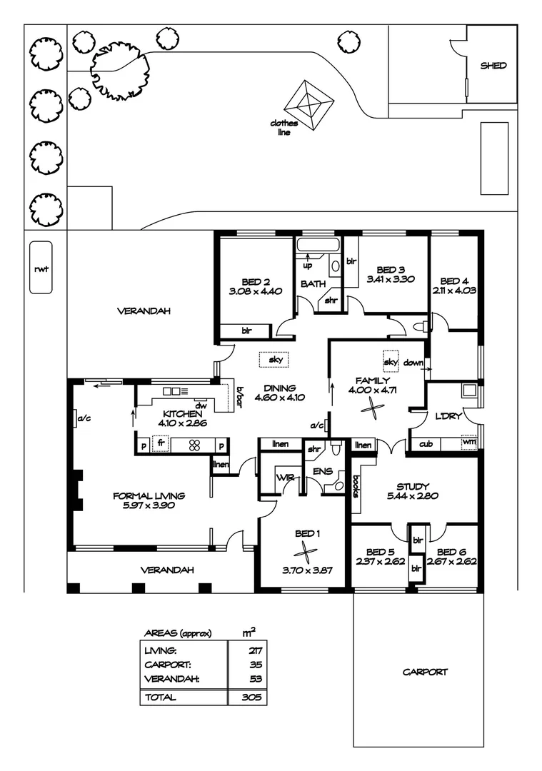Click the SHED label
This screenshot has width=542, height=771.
point(493,66)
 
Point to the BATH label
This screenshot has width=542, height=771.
point(312,284)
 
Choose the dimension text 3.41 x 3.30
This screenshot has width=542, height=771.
point(391,279)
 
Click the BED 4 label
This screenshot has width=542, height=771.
point(453,281)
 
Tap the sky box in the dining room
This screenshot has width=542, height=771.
point(275,360)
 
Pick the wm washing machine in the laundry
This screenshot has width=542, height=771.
point(468,443)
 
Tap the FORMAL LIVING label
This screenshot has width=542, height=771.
point(149,495)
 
